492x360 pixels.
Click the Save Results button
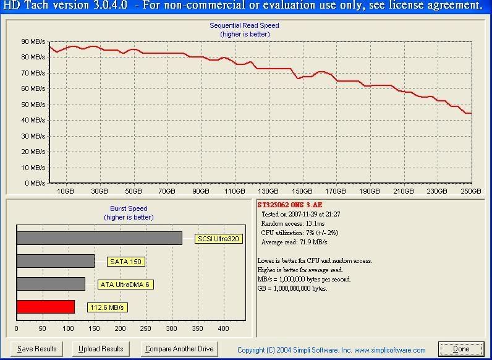(x=36, y=349)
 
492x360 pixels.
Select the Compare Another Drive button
(x=179, y=349)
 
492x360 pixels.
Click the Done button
(x=461, y=349)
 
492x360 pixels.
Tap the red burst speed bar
(x=46, y=307)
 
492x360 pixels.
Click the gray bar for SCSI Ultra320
(x=99, y=238)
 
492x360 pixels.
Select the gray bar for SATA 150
(x=56, y=261)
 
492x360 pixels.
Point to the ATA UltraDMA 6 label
(x=125, y=285)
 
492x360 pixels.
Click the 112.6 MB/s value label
(x=108, y=307)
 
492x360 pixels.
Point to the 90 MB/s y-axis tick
(x=33, y=41)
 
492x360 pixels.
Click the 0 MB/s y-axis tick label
(x=35, y=183)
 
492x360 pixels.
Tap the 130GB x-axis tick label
(x=268, y=191)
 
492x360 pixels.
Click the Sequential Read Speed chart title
(x=244, y=25)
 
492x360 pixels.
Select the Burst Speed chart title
(x=129, y=208)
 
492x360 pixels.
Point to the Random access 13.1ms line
(x=293, y=224)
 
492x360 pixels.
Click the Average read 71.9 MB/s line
(x=294, y=242)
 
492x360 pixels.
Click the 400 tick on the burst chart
(x=223, y=329)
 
